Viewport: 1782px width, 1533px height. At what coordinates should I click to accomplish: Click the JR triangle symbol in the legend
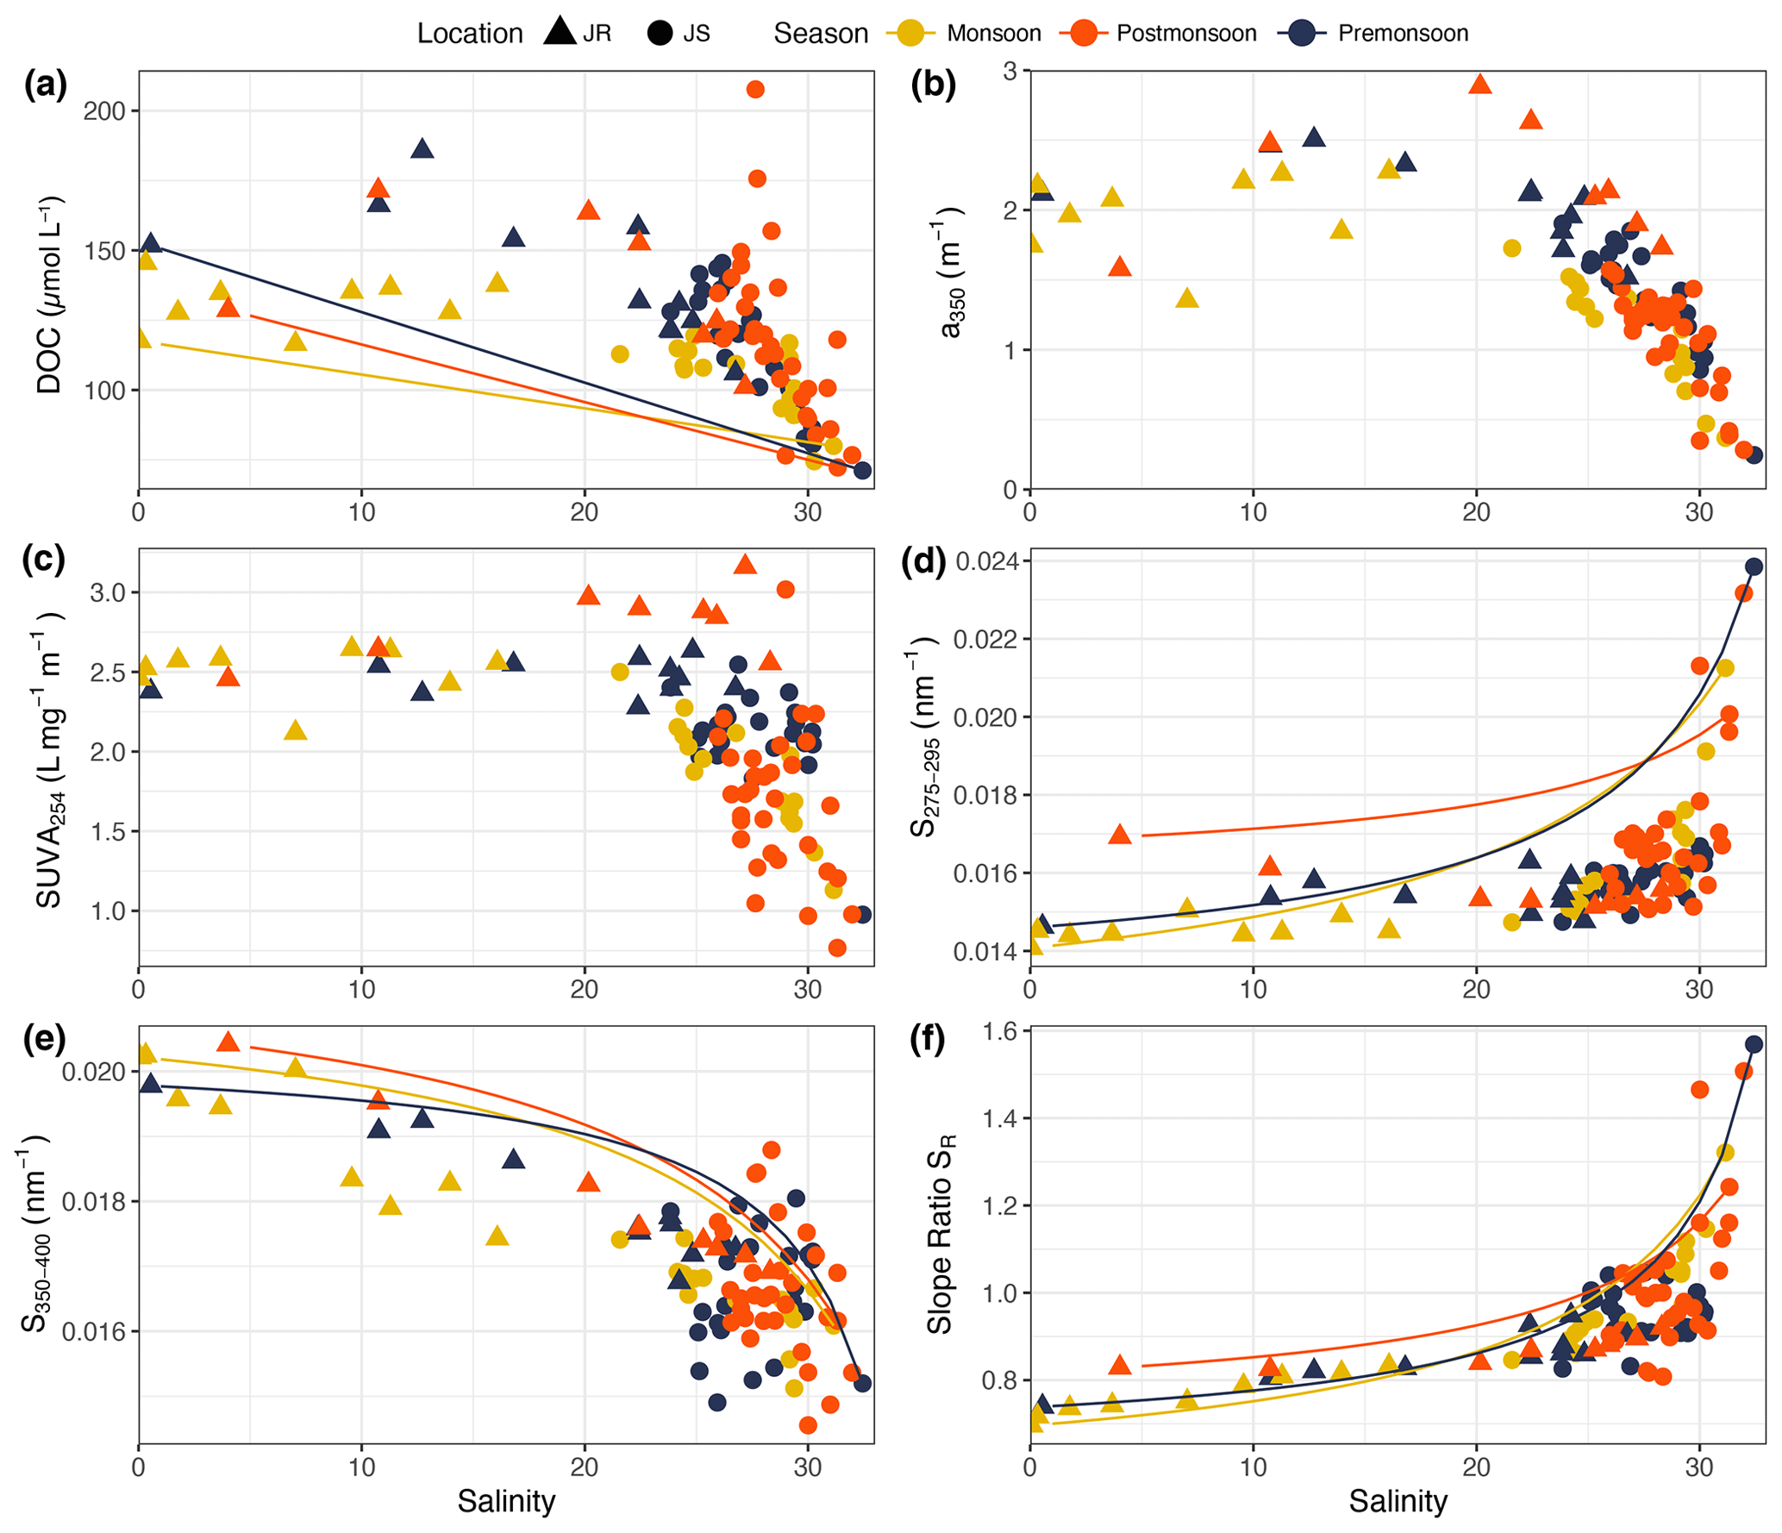click(560, 32)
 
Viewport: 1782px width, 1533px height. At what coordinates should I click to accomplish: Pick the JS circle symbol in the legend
click(660, 34)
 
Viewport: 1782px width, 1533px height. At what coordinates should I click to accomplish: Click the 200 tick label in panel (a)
click(104, 111)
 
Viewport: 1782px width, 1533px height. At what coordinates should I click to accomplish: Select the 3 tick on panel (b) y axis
click(1010, 71)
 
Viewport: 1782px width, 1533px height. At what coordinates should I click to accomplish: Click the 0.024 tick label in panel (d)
click(986, 562)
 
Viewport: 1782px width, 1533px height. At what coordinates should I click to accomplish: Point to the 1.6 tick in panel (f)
click(1000, 1031)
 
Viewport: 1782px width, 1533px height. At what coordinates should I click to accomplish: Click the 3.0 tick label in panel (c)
click(108, 592)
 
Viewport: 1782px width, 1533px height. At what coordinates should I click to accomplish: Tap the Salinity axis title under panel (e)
click(506, 1501)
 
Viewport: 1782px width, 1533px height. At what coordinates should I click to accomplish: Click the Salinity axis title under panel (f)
click(1397, 1501)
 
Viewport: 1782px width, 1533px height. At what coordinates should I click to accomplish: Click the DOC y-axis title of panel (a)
click(50, 295)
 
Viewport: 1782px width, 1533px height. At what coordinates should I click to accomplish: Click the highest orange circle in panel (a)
click(755, 90)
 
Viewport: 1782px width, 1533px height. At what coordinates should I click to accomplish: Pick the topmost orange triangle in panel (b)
click(1480, 84)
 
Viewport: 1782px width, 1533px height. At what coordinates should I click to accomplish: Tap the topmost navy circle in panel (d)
click(1754, 566)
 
